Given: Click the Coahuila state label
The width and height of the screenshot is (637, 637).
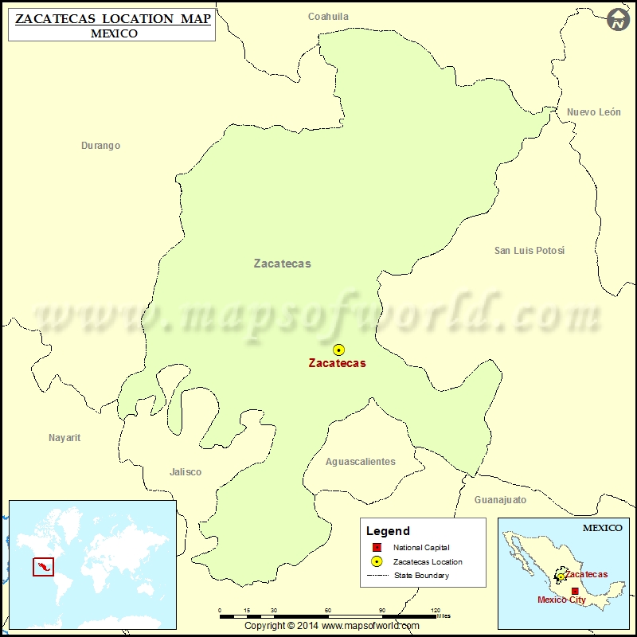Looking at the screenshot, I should [328, 17].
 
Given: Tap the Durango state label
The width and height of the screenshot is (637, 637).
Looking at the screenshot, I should [100, 146].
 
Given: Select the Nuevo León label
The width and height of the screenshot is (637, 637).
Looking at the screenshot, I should [593, 112].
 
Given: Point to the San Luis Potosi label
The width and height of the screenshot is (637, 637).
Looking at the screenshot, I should [529, 251].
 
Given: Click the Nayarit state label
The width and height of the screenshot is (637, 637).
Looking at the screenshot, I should [64, 438].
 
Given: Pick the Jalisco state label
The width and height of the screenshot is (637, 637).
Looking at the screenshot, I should [186, 472].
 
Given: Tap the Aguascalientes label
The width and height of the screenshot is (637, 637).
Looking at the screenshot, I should [360, 462].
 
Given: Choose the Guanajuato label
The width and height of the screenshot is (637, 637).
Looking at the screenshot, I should [500, 500].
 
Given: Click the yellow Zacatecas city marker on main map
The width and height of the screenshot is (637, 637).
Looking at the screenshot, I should [338, 350].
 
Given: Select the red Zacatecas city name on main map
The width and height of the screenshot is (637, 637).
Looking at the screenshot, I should [337, 363].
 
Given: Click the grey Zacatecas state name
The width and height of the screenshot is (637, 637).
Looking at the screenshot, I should [282, 264].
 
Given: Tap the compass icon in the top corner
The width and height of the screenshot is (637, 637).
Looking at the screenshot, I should [618, 20].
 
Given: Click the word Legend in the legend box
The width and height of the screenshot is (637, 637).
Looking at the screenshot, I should [388, 531].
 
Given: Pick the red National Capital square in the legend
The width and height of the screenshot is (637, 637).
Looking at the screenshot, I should [376, 548].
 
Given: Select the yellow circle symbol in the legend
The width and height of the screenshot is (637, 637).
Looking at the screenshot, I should [376, 561].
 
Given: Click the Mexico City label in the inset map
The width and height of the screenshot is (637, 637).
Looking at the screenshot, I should [561, 600].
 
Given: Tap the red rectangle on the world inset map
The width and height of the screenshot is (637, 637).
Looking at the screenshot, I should [42, 567].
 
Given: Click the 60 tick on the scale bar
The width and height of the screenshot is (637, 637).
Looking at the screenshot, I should [328, 611].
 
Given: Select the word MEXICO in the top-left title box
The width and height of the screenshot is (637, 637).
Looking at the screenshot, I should [114, 33].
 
